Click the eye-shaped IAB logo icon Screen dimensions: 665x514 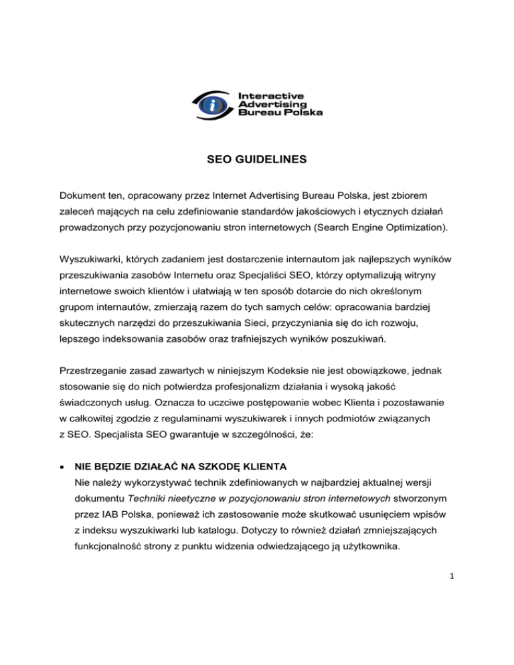(213, 103)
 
